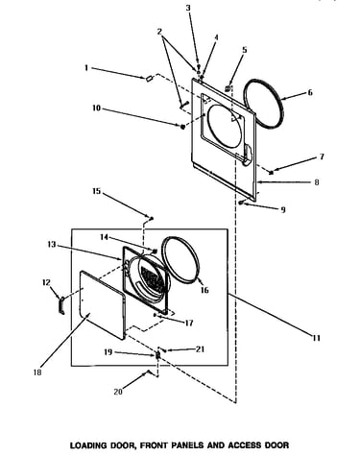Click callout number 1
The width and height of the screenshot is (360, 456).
(x=86, y=68)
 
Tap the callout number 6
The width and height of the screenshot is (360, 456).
(x=310, y=93)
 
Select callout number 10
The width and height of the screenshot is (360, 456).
(x=96, y=108)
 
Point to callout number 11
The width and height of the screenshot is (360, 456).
(x=316, y=338)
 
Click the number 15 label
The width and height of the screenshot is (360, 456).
(x=96, y=191)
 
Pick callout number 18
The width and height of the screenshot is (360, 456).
(x=37, y=372)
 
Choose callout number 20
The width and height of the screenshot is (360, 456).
(x=118, y=392)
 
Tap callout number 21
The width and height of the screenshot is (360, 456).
(x=200, y=349)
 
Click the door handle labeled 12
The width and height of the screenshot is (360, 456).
(x=61, y=305)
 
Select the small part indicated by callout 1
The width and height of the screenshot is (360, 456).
(x=149, y=79)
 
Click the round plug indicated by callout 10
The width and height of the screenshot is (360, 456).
(x=182, y=127)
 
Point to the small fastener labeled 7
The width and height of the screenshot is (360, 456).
(x=272, y=173)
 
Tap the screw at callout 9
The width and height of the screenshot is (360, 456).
(x=241, y=203)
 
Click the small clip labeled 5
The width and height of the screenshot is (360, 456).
(x=228, y=87)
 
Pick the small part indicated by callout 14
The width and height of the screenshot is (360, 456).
(x=156, y=251)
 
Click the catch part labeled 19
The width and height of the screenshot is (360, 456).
(x=157, y=355)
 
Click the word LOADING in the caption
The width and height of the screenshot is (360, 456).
(x=88, y=445)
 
